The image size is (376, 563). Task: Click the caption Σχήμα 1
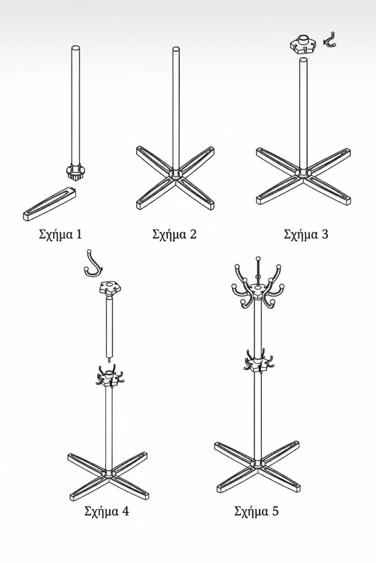61,234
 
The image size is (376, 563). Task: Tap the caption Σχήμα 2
174,234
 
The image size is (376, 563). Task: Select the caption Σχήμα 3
306,234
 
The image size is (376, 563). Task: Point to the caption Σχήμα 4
107,511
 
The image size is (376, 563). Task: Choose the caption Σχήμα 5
256,511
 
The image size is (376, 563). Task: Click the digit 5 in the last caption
275,511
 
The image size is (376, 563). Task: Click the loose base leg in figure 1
50,203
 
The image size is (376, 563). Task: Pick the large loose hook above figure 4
93,264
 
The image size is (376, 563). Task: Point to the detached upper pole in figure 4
110,326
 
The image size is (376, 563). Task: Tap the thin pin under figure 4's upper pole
110,360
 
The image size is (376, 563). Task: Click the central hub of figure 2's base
175,174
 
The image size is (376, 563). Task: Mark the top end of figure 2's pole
176,49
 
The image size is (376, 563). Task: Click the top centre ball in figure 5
258,259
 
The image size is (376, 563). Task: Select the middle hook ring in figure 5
258,364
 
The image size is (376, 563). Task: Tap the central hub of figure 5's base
258,463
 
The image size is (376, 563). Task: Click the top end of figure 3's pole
303,60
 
